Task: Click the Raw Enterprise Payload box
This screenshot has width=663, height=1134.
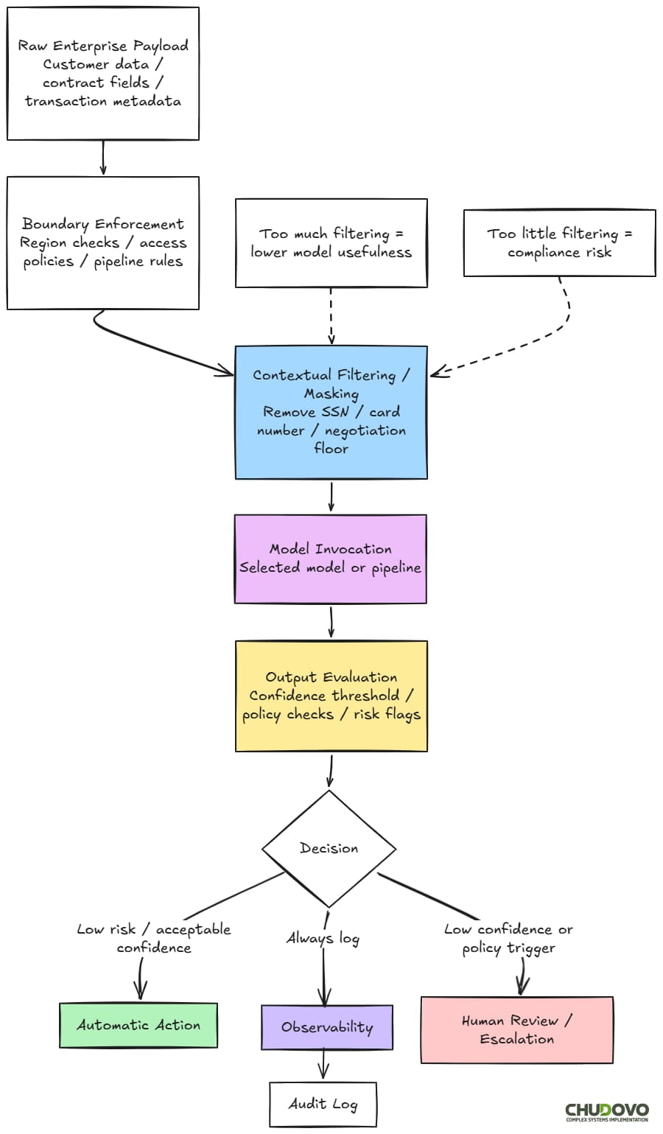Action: (x=103, y=74)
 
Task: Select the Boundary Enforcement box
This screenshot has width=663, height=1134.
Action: (x=103, y=242)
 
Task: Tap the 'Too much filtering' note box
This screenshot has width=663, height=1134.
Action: (x=331, y=242)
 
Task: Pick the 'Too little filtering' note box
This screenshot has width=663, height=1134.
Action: (x=559, y=242)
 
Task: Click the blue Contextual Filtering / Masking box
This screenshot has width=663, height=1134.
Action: (x=331, y=412)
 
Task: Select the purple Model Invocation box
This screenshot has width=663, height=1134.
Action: (x=330, y=559)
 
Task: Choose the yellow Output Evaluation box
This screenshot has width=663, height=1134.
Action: (x=331, y=696)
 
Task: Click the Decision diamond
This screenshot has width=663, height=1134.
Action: (x=329, y=848)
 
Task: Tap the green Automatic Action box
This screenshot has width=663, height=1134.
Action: (x=138, y=1025)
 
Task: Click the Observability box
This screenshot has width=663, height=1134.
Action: (x=327, y=1027)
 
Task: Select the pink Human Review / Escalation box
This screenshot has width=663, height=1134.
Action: (x=516, y=1029)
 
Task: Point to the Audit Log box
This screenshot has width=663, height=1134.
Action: (x=323, y=1104)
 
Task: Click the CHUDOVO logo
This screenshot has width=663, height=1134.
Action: (x=606, y=1112)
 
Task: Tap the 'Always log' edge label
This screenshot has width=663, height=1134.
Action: (x=323, y=938)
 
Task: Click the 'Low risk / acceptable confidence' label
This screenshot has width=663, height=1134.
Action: (x=154, y=938)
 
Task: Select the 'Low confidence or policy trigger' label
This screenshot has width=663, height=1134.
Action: (x=508, y=938)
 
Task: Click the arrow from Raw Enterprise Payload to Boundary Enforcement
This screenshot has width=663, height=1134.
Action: (x=103, y=158)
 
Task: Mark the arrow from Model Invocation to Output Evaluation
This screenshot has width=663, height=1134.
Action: (x=331, y=622)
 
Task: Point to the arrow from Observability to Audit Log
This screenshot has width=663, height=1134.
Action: (x=323, y=1066)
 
